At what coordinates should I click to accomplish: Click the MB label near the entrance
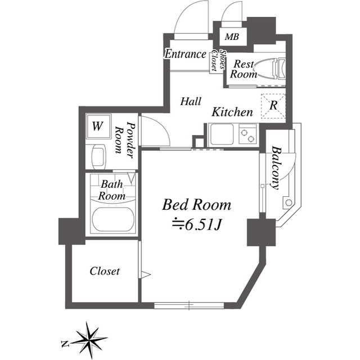pos(231,38)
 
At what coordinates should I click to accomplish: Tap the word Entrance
pos(185,55)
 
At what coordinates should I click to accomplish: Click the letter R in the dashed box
pos(273,105)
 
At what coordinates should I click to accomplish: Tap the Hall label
pos(191,102)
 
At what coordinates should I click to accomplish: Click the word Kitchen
pos(232,112)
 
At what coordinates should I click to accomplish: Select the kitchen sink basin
pos(222,136)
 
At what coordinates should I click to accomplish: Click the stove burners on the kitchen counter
pos(247,136)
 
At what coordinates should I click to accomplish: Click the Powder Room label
pos(125,138)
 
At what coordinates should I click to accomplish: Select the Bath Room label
pos(111,190)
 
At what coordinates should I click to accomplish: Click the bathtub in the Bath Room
pos(111,221)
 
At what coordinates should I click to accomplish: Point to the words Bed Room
pos(196,204)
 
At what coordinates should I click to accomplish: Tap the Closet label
pos(105,271)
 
